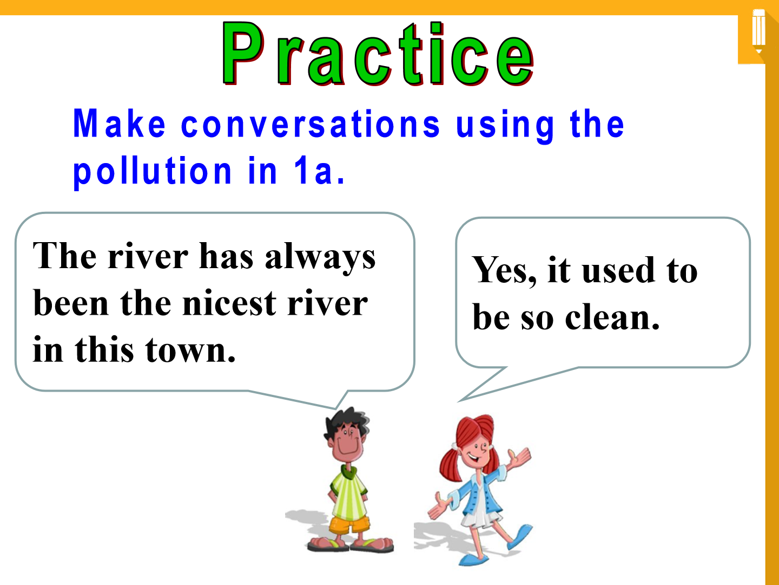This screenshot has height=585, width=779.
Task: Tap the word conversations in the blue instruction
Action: [x=311, y=124]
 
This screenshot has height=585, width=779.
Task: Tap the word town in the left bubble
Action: [x=191, y=350]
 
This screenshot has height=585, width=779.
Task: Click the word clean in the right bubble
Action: [x=612, y=317]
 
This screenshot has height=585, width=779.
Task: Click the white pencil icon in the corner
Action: [x=759, y=31]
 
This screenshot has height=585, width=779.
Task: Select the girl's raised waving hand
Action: [x=519, y=457]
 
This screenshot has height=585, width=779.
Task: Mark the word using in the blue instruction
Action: [x=505, y=126]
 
